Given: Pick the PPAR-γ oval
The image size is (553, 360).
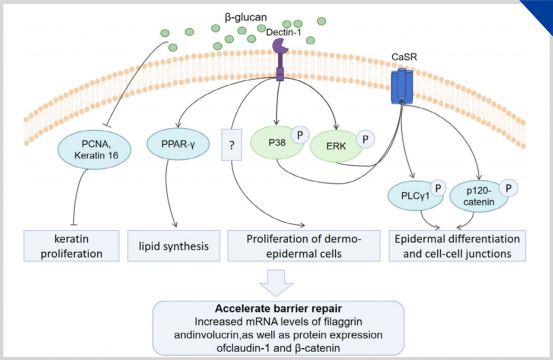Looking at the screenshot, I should pyautogui.click(x=173, y=144).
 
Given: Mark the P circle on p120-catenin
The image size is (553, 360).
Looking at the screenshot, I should pyautogui.click(x=509, y=189).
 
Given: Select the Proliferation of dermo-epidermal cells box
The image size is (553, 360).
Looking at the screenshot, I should pyautogui.click(x=304, y=246).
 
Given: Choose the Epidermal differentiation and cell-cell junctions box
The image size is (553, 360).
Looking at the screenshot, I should pyautogui.click(x=458, y=246).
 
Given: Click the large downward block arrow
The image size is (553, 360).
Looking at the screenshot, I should pyautogui.click(x=276, y=283).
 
